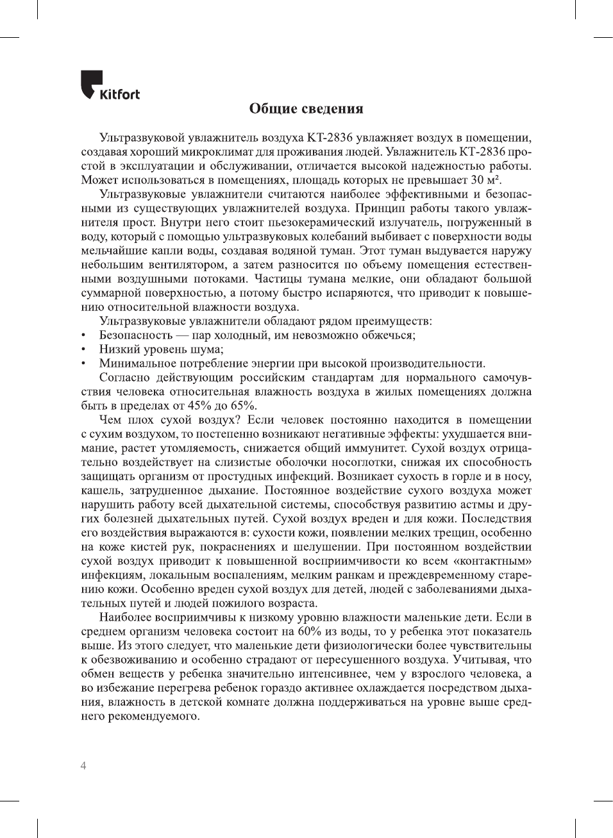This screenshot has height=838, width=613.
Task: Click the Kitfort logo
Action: point(110,86)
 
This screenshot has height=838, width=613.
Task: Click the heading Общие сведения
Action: point(306,109)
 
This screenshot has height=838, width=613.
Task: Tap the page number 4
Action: point(83,766)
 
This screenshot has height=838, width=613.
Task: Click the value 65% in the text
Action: point(243,406)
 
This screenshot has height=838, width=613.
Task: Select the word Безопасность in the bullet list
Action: point(135,335)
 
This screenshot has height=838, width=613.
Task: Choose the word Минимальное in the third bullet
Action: point(135,364)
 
